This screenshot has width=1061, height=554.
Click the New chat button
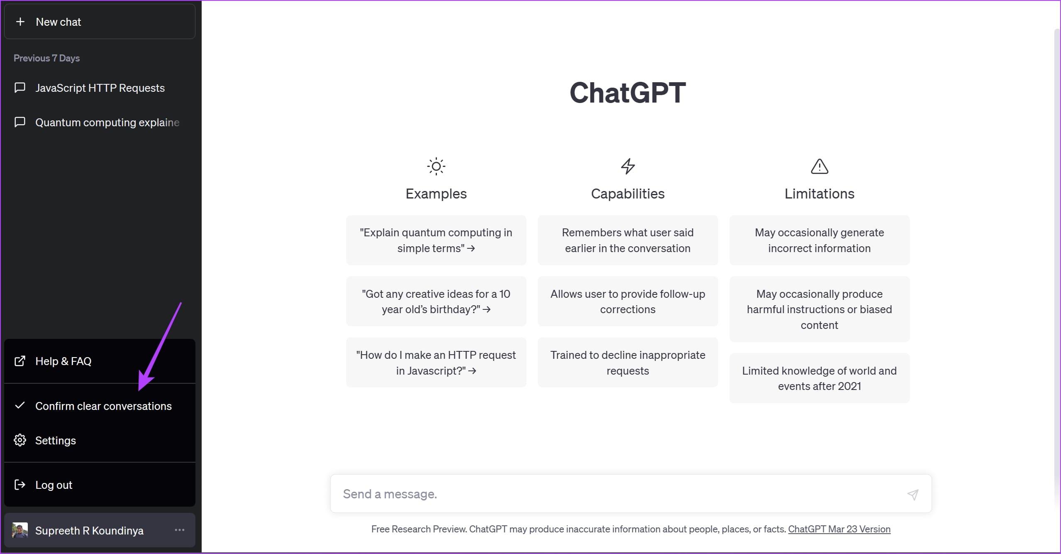click(100, 22)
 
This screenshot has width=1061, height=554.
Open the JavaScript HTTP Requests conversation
click(100, 88)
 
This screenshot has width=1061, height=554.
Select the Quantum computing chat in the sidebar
click(100, 123)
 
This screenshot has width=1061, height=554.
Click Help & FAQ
click(100, 361)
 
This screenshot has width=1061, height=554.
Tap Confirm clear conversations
click(100, 406)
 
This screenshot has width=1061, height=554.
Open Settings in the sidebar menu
click(100, 440)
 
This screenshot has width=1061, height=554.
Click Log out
click(100, 485)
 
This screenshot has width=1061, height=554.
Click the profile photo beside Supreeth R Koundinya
click(20, 530)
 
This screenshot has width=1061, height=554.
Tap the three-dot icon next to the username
click(180, 530)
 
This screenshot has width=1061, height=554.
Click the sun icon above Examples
click(436, 167)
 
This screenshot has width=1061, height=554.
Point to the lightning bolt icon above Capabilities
click(628, 167)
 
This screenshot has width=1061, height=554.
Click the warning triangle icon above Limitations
click(820, 166)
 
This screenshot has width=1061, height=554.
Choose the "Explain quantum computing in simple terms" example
click(436, 240)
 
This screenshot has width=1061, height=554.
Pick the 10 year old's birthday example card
click(436, 302)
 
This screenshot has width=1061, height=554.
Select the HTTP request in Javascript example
click(436, 363)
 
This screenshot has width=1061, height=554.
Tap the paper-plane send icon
click(913, 494)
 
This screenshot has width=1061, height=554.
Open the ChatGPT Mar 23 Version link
click(839, 529)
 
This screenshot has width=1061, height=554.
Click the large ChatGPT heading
click(628, 92)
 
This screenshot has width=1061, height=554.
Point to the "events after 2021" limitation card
click(820, 378)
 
